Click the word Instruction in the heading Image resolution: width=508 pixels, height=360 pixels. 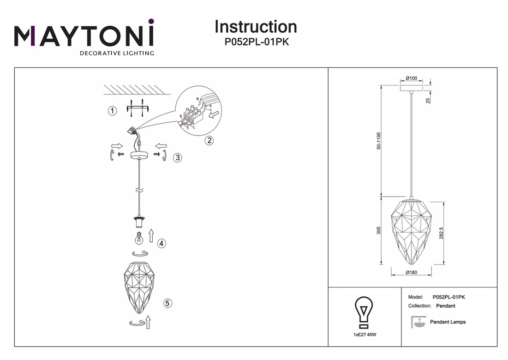coord(256,27)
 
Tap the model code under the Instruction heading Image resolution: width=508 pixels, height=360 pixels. coord(256,42)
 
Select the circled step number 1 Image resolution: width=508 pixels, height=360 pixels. coord(111,111)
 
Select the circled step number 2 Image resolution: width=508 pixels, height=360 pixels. coord(209,141)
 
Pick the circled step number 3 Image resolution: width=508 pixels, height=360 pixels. coord(177,157)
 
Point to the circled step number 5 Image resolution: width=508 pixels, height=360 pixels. coord(167,303)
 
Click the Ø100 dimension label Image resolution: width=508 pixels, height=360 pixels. coord(411,78)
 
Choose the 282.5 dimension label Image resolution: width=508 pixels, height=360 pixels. coord(442,233)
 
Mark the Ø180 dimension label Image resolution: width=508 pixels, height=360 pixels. coord(411,273)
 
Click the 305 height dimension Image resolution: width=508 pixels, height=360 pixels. coord(379,231)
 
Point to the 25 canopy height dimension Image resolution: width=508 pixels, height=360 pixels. coord(428,101)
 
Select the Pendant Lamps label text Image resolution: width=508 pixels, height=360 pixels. coord(447,322)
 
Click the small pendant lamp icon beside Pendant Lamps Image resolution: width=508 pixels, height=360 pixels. coord(418,322)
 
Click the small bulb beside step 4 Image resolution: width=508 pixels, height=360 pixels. coord(137,238)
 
